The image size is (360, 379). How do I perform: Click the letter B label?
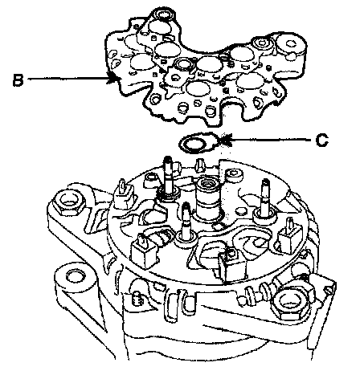point(18,79)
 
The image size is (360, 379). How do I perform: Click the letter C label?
point(321,141)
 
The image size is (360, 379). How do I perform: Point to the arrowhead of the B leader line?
point(112,79)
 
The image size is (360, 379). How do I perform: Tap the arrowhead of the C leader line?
point(224,141)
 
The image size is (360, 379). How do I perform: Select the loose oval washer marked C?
point(197,143)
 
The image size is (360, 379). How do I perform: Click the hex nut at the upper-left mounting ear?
point(68,202)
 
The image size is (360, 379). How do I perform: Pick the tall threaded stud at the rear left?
point(168,177)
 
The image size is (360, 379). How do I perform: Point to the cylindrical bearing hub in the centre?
point(208,198)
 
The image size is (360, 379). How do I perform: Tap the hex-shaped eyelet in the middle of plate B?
point(184,65)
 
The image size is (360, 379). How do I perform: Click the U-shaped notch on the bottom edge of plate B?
point(234,109)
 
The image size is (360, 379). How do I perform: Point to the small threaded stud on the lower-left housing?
point(138,299)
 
